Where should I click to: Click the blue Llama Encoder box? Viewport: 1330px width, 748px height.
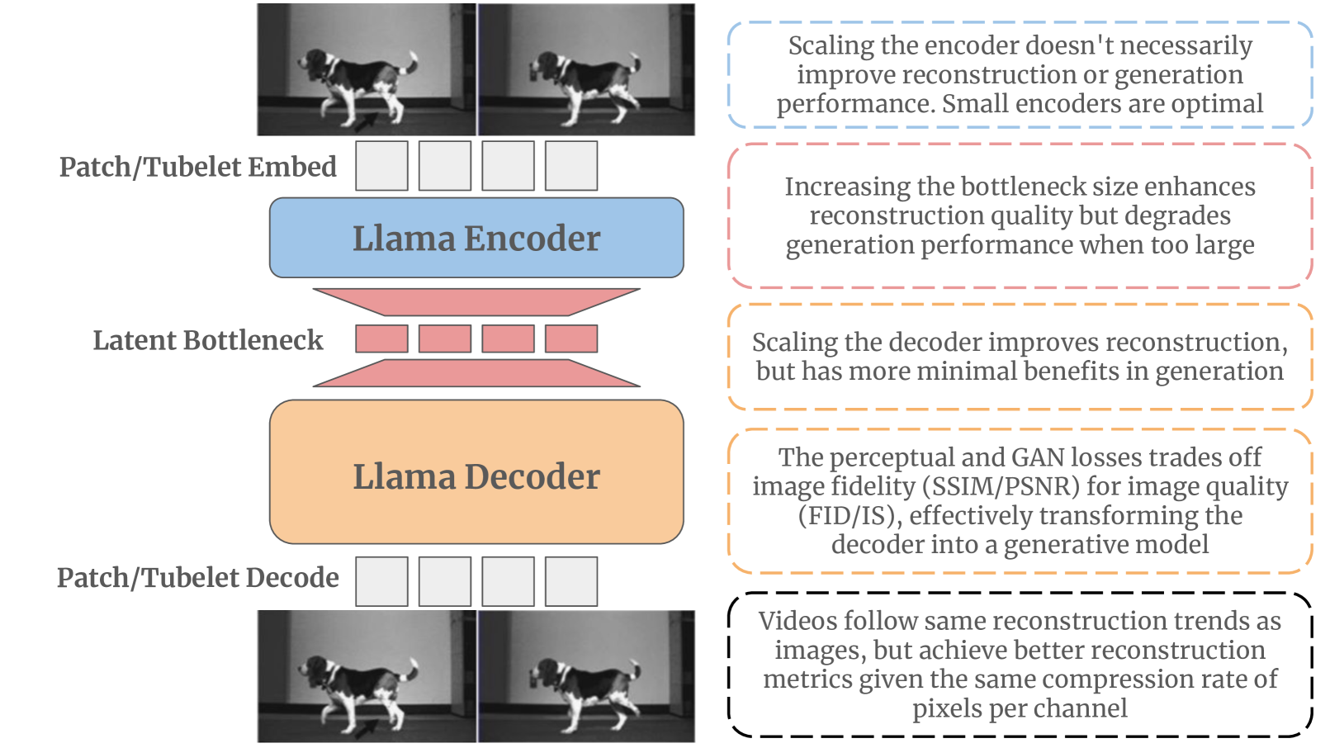(x=476, y=238)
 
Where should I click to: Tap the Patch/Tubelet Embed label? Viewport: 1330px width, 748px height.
(x=197, y=167)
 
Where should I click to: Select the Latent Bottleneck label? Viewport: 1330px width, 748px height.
(x=207, y=340)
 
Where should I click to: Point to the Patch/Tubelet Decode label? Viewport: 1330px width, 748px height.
(x=197, y=578)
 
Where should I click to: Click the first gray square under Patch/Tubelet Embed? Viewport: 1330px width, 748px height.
(x=381, y=166)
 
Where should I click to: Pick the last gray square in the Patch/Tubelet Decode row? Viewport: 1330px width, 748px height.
(x=571, y=582)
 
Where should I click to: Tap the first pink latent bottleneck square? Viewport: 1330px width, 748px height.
(x=381, y=338)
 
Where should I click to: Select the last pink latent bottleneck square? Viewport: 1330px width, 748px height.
(x=571, y=338)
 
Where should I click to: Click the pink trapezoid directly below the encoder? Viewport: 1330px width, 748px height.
(x=476, y=301)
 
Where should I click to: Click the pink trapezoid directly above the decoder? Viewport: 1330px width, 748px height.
(x=476, y=373)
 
